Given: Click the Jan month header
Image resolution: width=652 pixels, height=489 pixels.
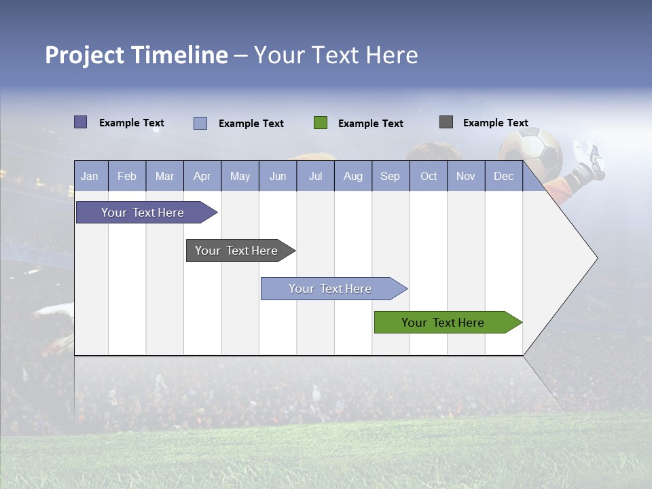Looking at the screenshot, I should (x=90, y=176).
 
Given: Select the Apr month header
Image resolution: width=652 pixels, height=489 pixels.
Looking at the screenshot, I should (x=202, y=176).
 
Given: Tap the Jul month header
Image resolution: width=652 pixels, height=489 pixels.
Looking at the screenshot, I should (x=315, y=176).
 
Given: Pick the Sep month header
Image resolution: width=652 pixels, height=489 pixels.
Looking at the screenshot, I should (x=391, y=176).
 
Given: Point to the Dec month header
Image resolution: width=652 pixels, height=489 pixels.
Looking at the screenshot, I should (x=503, y=176).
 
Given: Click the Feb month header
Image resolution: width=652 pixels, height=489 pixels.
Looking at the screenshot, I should (x=127, y=176).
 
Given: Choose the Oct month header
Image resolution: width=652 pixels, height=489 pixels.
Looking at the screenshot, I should (x=429, y=176).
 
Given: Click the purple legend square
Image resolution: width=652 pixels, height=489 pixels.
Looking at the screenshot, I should (x=81, y=122).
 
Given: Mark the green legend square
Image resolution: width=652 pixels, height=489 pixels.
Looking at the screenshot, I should (x=321, y=123).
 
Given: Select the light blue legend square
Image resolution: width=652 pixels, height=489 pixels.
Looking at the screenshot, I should (x=200, y=123).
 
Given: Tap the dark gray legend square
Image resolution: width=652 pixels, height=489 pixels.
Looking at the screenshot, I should (x=446, y=122).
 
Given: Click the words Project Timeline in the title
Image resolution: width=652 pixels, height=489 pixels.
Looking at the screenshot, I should (x=137, y=55).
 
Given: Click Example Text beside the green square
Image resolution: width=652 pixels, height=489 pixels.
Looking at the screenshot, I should (x=370, y=124).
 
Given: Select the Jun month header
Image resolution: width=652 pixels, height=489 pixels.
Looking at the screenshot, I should (x=278, y=176).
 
